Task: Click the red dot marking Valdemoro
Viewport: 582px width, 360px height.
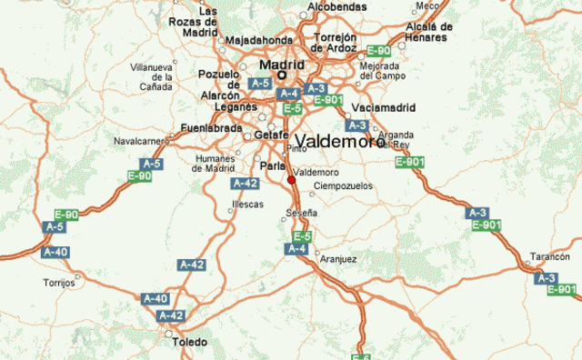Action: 292,180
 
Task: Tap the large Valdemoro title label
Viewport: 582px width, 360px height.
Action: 338,143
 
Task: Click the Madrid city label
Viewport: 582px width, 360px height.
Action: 281,65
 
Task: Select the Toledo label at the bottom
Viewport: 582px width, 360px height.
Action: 188,342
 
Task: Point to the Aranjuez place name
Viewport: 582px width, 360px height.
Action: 338,259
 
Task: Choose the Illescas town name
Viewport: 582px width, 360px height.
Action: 248,205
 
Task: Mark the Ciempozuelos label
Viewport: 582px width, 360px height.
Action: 343,185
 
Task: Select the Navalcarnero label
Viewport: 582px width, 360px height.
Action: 142,141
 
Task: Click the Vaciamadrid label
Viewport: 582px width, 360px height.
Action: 383,107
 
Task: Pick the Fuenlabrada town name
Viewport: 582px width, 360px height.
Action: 212,128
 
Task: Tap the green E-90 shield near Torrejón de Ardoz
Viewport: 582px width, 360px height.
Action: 378,50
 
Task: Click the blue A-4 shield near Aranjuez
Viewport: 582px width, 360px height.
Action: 297,248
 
